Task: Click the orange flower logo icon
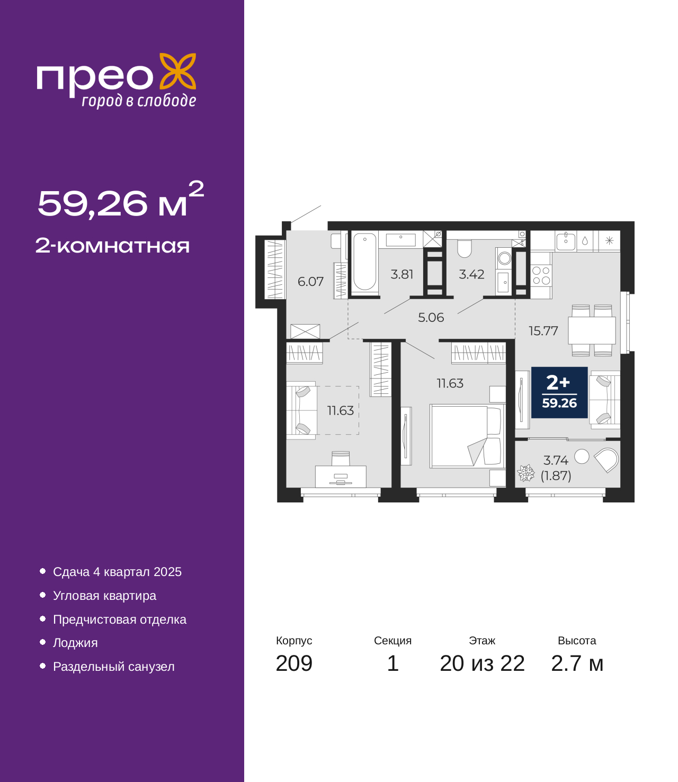tap(177, 71)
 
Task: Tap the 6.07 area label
tap(310, 282)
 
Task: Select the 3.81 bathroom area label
tap(402, 274)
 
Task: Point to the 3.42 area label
tap(471, 274)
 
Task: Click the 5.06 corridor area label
tap(431, 318)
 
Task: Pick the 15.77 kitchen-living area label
tap(543, 331)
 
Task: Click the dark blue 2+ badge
tap(559, 392)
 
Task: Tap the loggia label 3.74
tap(556, 461)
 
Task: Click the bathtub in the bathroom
tap(364, 262)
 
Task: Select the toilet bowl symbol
tap(464, 248)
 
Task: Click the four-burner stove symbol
tap(541, 275)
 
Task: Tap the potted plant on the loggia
tap(525, 473)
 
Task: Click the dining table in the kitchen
tap(592, 330)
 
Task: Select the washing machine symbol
tap(504, 258)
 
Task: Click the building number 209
tap(294, 663)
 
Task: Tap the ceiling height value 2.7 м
tap(577, 663)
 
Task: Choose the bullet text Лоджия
tap(75, 643)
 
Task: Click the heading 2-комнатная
tap(112, 246)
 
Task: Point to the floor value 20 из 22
tap(482, 663)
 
